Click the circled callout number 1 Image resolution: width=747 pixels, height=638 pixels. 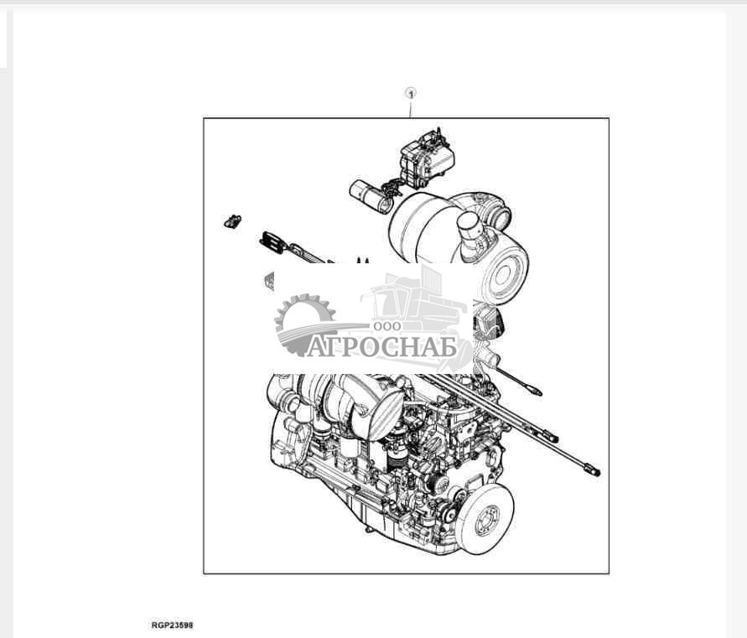[411, 93]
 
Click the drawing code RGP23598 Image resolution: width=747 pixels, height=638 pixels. [172, 625]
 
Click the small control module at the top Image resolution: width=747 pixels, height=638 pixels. [427, 157]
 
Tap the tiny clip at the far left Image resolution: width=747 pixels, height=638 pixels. [232, 221]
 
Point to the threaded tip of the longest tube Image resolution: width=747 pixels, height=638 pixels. [593, 470]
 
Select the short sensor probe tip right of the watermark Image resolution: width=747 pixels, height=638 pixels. [534, 390]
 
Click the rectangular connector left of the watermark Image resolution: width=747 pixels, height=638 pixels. [272, 241]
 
